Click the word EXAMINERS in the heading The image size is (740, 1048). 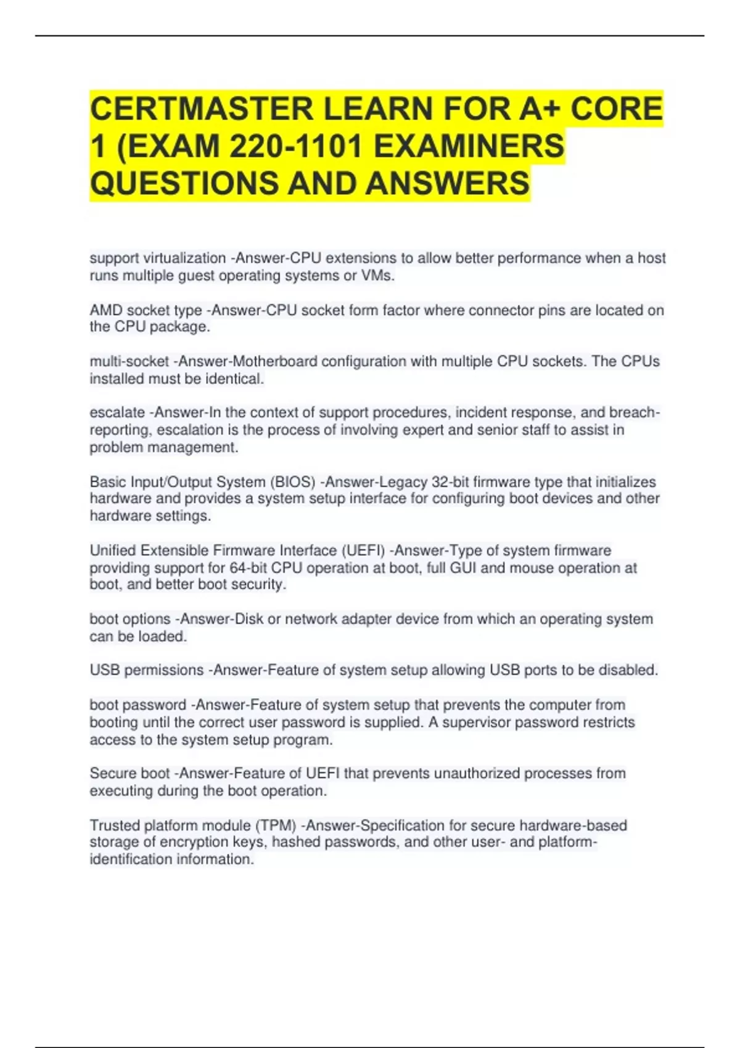[x=469, y=147]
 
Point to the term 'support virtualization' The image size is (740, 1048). [x=157, y=258]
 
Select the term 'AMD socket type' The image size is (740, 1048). [x=146, y=310]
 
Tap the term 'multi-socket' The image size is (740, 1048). [x=129, y=361]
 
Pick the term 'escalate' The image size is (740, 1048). [x=117, y=412]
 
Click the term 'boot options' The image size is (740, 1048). [x=129, y=618]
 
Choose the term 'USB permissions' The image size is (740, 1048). [x=146, y=669]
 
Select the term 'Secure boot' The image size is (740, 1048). [x=129, y=773]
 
